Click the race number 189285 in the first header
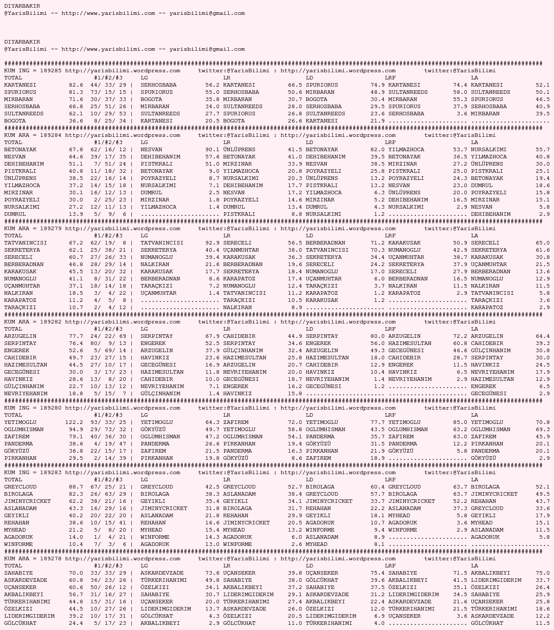[x=50, y=71]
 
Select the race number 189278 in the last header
[x=50, y=559]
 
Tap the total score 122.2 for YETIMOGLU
[x=74, y=422]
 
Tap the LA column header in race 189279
[x=474, y=236]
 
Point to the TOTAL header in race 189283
[x=13, y=480]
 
